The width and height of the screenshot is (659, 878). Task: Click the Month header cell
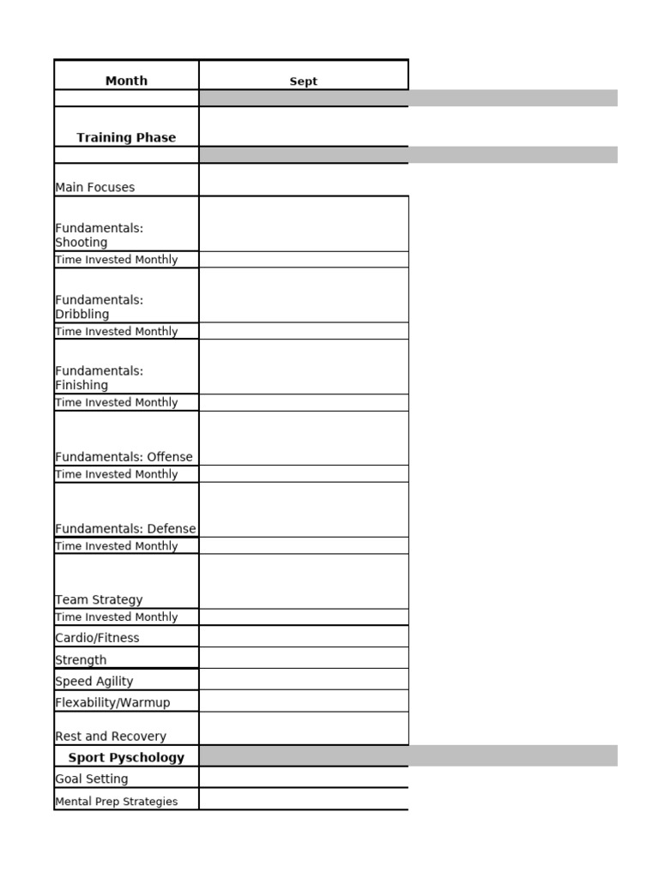[x=126, y=81]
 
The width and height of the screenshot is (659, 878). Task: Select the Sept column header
[x=303, y=81]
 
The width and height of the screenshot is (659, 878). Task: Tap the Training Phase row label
[x=126, y=137]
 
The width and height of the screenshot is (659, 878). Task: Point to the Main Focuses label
[x=95, y=187]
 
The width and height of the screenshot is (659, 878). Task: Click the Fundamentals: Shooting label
[x=99, y=235]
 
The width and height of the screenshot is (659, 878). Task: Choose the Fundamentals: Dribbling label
[x=99, y=307]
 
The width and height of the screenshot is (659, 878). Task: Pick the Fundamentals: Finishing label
[x=99, y=378]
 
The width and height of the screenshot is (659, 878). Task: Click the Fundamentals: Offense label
[x=124, y=457]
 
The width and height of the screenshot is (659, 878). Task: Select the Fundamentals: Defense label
[x=125, y=529]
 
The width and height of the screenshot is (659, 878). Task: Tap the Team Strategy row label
[x=99, y=600]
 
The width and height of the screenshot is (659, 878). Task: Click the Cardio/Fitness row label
[x=97, y=638]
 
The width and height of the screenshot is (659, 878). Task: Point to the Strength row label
[x=81, y=660]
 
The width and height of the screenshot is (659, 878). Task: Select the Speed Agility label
[x=94, y=682]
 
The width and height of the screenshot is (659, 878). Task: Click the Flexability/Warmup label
[x=112, y=703]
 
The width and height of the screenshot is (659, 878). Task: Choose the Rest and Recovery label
[x=111, y=737]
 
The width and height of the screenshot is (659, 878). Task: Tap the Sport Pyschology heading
[x=126, y=758]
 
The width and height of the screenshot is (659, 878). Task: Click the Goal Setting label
[x=92, y=779]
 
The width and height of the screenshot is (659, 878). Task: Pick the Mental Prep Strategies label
[x=117, y=802]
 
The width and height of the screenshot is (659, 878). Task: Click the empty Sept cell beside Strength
[x=304, y=658]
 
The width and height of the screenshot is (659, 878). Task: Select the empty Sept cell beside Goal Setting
[x=304, y=778]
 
